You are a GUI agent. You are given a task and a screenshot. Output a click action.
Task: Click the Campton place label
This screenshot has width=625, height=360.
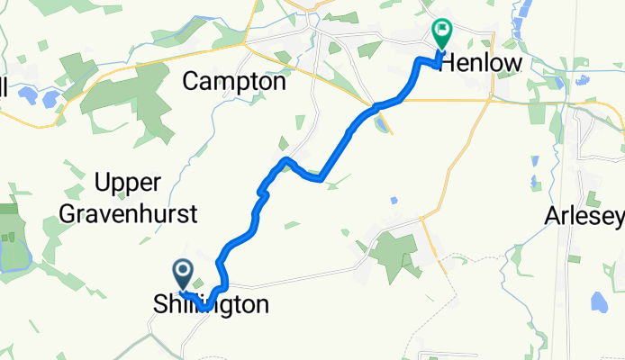click(x=234, y=81)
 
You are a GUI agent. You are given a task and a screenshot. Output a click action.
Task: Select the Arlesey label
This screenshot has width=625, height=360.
click(x=584, y=216)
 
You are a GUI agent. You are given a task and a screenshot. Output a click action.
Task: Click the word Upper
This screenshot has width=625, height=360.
click(x=127, y=183)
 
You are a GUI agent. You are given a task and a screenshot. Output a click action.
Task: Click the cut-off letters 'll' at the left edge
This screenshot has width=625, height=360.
click(x=4, y=87)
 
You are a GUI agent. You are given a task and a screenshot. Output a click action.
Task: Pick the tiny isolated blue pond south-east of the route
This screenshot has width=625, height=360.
click(x=393, y=200)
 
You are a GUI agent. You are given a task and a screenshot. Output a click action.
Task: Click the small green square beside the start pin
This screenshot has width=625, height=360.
click(x=198, y=283)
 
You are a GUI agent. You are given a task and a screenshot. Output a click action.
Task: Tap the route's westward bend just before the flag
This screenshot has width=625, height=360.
click(x=419, y=60)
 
